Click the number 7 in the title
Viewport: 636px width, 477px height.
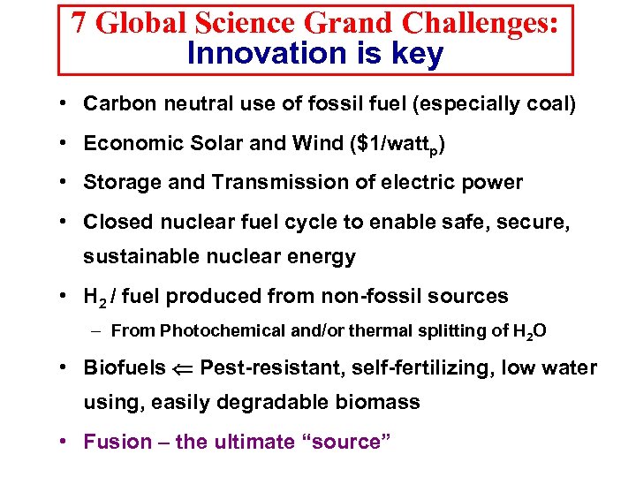79,22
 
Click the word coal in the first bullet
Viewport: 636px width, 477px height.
547,103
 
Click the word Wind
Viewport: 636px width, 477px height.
301,143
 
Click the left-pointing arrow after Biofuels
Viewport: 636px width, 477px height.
183,367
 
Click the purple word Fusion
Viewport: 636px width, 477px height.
116,442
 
